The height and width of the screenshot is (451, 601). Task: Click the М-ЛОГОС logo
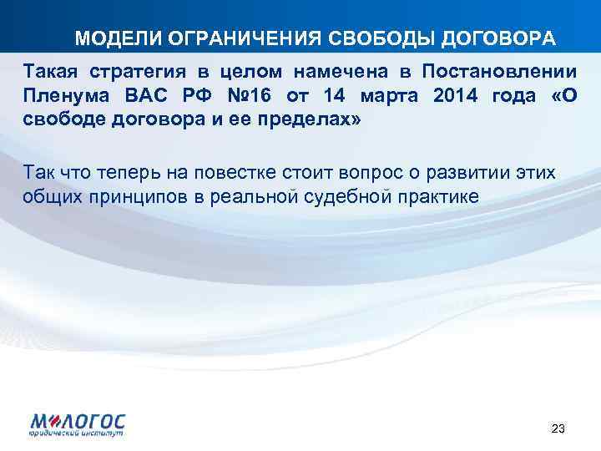click(78, 423)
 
